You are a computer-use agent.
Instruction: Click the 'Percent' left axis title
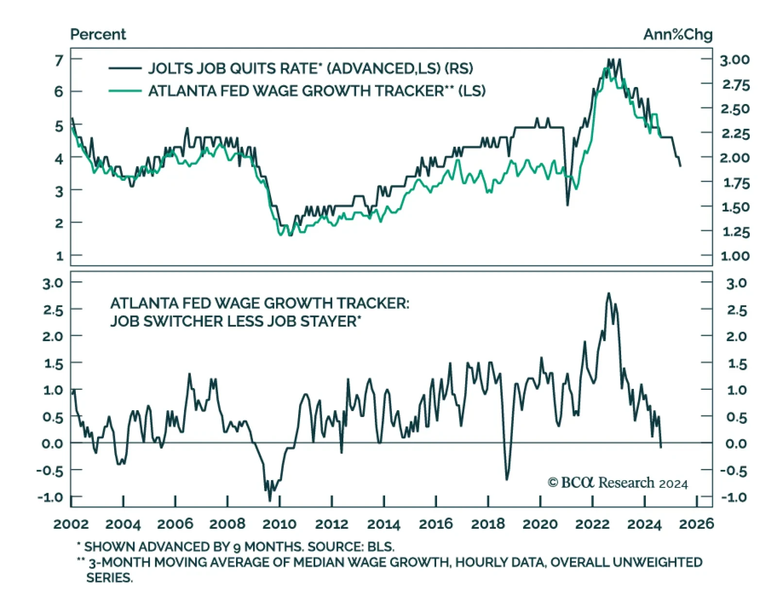point(98,35)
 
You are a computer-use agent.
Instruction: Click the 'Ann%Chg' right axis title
point(677,35)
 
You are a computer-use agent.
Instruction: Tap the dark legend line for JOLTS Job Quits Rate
point(125,69)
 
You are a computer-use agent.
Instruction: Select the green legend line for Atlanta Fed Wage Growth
point(125,91)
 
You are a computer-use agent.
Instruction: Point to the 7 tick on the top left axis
point(59,60)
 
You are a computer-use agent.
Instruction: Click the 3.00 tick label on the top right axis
point(735,60)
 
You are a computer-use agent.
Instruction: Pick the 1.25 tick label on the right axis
point(736,232)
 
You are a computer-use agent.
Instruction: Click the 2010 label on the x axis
point(279,524)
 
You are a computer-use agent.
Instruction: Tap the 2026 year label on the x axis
point(696,524)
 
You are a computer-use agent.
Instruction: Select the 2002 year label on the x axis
point(71,524)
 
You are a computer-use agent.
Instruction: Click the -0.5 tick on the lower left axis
point(50,470)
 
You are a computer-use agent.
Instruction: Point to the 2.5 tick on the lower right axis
point(736,310)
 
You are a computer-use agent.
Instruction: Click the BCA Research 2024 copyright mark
point(618,483)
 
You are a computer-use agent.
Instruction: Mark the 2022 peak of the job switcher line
point(609,294)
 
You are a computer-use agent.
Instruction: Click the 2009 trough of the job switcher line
point(270,501)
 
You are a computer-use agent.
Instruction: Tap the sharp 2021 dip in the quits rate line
point(567,205)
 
